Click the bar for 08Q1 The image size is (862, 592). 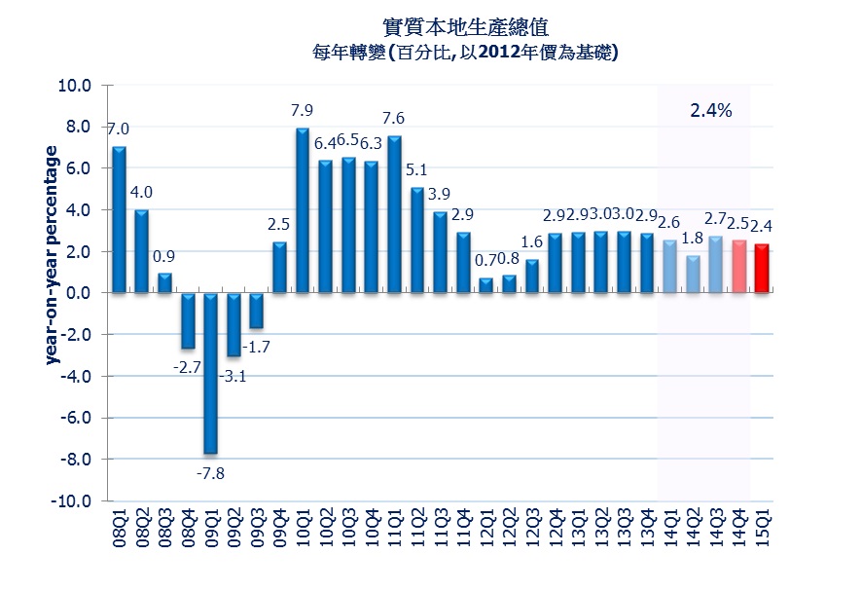pyautogui.click(x=119, y=220)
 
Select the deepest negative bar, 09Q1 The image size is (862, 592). pyautogui.click(x=211, y=373)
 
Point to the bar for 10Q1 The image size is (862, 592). pyautogui.click(x=303, y=210)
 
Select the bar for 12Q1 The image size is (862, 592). pyautogui.click(x=486, y=285)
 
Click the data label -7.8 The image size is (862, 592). pyautogui.click(x=210, y=474)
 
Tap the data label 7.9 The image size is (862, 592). pyautogui.click(x=303, y=109)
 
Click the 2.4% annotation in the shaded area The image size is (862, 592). pyautogui.click(x=710, y=111)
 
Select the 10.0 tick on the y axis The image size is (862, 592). pyautogui.click(x=75, y=86)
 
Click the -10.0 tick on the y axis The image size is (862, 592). pyautogui.click(x=72, y=501)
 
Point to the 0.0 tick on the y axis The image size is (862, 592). pyautogui.click(x=79, y=293)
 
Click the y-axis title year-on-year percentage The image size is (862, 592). pyautogui.click(x=53, y=255)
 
